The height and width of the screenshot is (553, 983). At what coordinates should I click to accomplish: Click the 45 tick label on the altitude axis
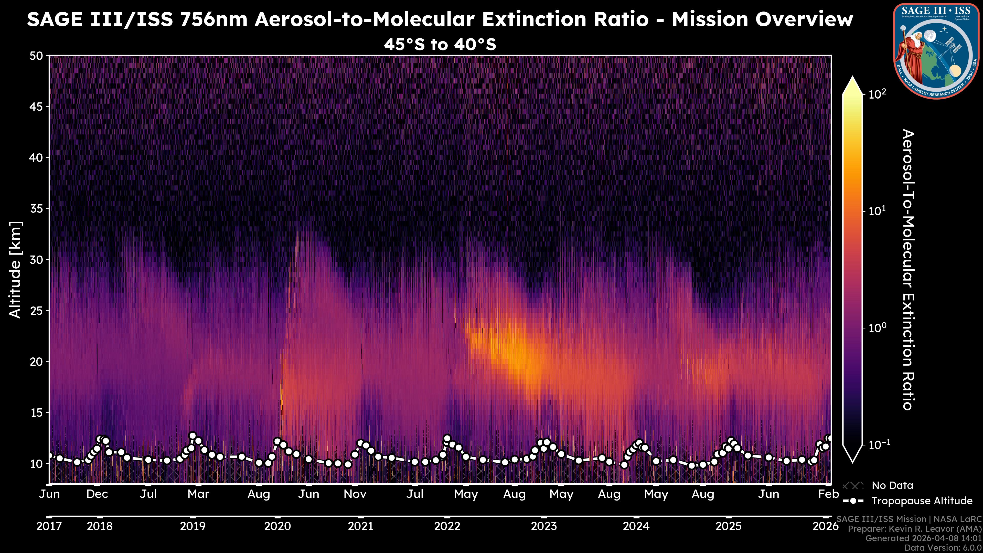pos(36,107)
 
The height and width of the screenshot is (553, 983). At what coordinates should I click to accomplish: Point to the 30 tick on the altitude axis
pos(36,260)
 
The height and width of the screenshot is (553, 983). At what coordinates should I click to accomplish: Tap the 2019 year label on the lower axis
pos(193,526)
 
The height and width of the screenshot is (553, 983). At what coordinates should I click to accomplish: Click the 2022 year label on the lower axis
pos(447,526)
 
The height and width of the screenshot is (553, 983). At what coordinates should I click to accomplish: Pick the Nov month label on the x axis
pos(355,494)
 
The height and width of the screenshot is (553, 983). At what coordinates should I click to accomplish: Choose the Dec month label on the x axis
pos(97,494)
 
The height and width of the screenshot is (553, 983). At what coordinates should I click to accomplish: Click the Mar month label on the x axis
pos(198,494)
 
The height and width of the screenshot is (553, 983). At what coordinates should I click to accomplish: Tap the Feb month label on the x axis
pos(828,494)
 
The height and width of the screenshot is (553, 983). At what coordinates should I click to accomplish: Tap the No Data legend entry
pos(892,485)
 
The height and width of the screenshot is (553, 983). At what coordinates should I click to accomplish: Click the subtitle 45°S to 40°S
pos(440,45)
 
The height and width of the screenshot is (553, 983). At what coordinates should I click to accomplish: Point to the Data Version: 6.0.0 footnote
pos(943,548)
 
